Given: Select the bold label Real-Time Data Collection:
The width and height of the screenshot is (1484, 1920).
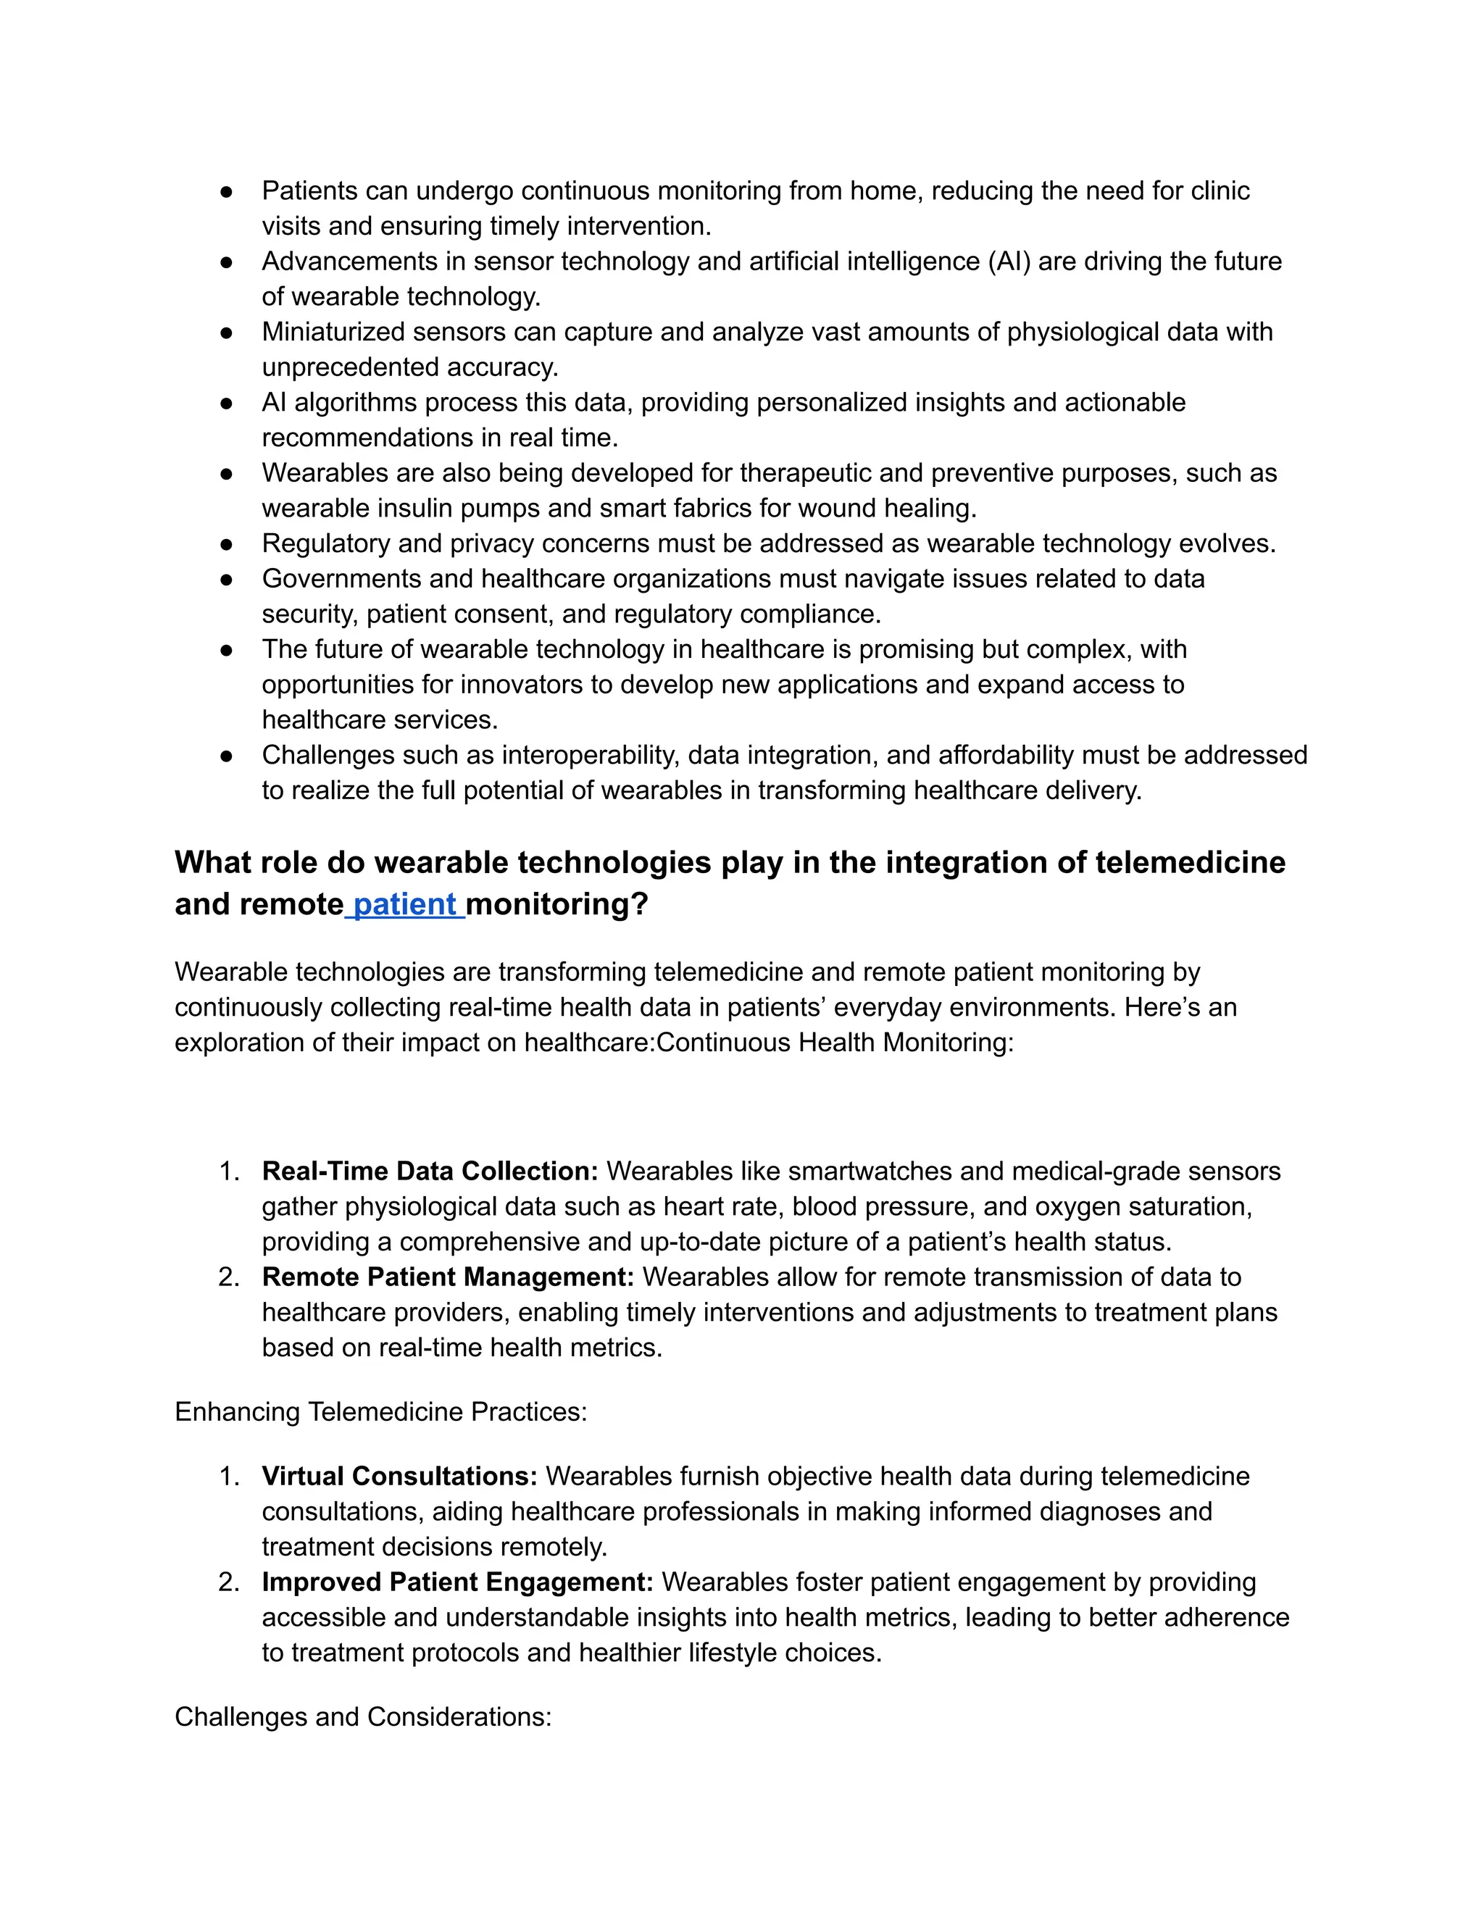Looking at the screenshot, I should coord(429,1171).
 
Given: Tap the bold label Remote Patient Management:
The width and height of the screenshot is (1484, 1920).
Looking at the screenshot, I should coord(448,1277).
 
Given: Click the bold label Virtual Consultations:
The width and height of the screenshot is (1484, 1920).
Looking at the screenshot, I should coord(399,1476).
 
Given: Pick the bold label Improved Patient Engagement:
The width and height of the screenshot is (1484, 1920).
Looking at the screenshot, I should coord(457,1582).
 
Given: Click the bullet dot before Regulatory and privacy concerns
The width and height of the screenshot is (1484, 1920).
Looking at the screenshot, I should coord(226,544).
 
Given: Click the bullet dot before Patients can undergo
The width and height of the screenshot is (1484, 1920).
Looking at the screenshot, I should coord(226,192).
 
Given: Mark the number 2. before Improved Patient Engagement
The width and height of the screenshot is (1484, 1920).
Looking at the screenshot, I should coord(228,1582).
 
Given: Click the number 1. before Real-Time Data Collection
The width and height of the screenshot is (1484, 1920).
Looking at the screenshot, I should coord(228,1171).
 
